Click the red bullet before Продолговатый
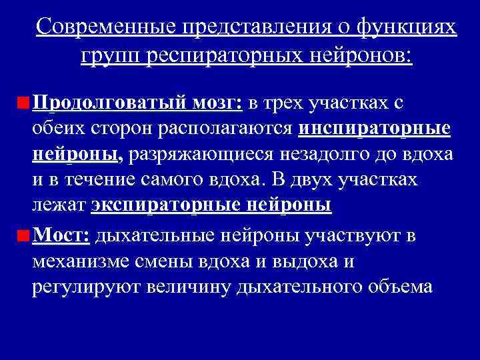[24, 104]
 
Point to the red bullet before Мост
[24, 235]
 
